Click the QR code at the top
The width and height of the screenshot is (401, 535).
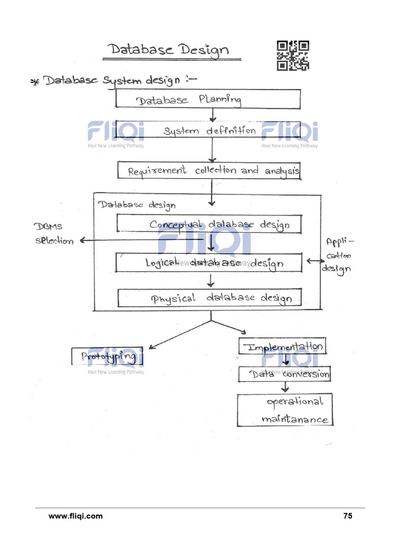292,55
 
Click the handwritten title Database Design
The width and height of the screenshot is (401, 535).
168,50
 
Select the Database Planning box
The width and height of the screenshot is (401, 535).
208,99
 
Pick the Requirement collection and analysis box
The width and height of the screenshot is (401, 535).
208,170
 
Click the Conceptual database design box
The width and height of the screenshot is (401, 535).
209,224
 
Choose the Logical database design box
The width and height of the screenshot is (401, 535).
208,263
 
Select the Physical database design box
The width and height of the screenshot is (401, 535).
210,298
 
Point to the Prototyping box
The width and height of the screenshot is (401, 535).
107,356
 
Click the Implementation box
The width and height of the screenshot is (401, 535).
282,346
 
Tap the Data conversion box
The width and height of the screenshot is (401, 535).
285,374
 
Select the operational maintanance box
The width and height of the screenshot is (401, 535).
285,410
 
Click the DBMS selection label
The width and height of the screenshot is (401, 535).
54,234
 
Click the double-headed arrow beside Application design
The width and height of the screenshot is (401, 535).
315,261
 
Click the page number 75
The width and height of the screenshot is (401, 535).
348,516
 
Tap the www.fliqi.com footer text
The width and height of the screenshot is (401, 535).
76,516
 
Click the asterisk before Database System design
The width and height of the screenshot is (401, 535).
35,83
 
